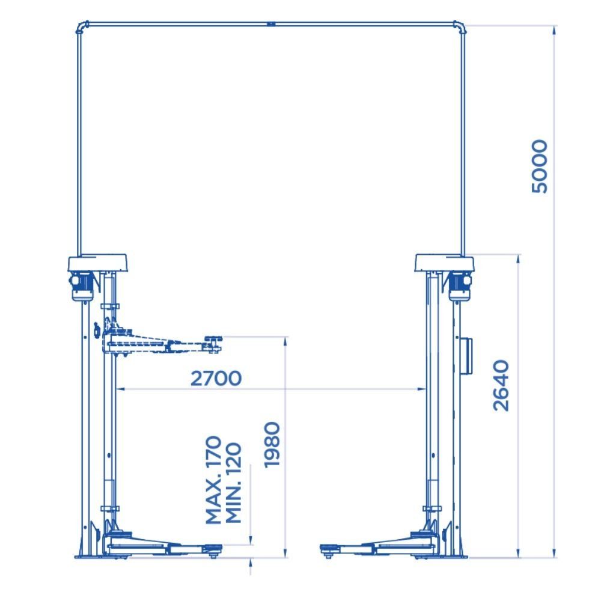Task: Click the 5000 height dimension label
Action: tap(540, 166)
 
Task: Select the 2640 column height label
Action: tap(501, 386)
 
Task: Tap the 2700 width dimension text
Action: tap(216, 378)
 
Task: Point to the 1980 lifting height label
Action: tap(272, 445)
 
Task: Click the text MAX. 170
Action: tap(213, 480)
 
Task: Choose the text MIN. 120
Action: tap(233, 483)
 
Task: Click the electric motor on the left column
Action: tap(82, 285)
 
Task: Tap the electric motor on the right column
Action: tap(460, 285)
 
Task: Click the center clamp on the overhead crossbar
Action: tap(272, 24)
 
